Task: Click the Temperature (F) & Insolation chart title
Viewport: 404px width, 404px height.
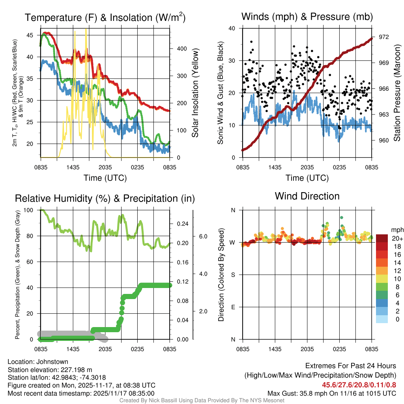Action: pyautogui.click(x=105, y=17)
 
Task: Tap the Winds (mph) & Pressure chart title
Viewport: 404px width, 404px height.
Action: pyautogui.click(x=307, y=17)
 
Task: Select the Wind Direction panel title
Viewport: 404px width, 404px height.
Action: pyautogui.click(x=307, y=196)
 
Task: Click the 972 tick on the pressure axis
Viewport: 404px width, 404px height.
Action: pyautogui.click(x=384, y=37)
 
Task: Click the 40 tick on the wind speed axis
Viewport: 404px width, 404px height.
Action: pyautogui.click(x=232, y=28)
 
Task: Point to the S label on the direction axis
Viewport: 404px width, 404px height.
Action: pyautogui.click(x=233, y=275)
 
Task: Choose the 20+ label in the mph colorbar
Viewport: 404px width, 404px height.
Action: pyautogui.click(x=397, y=238)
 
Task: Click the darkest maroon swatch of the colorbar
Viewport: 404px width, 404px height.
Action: pyautogui.click(x=382, y=238)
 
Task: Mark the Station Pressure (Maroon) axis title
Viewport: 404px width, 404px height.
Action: pyautogui.click(x=397, y=93)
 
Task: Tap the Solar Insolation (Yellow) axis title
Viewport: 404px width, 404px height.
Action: pyautogui.click(x=195, y=93)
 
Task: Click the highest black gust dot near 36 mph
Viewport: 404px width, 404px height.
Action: pyautogui.click(x=251, y=41)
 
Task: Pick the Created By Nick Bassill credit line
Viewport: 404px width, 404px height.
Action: pyautogui.click(x=202, y=400)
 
